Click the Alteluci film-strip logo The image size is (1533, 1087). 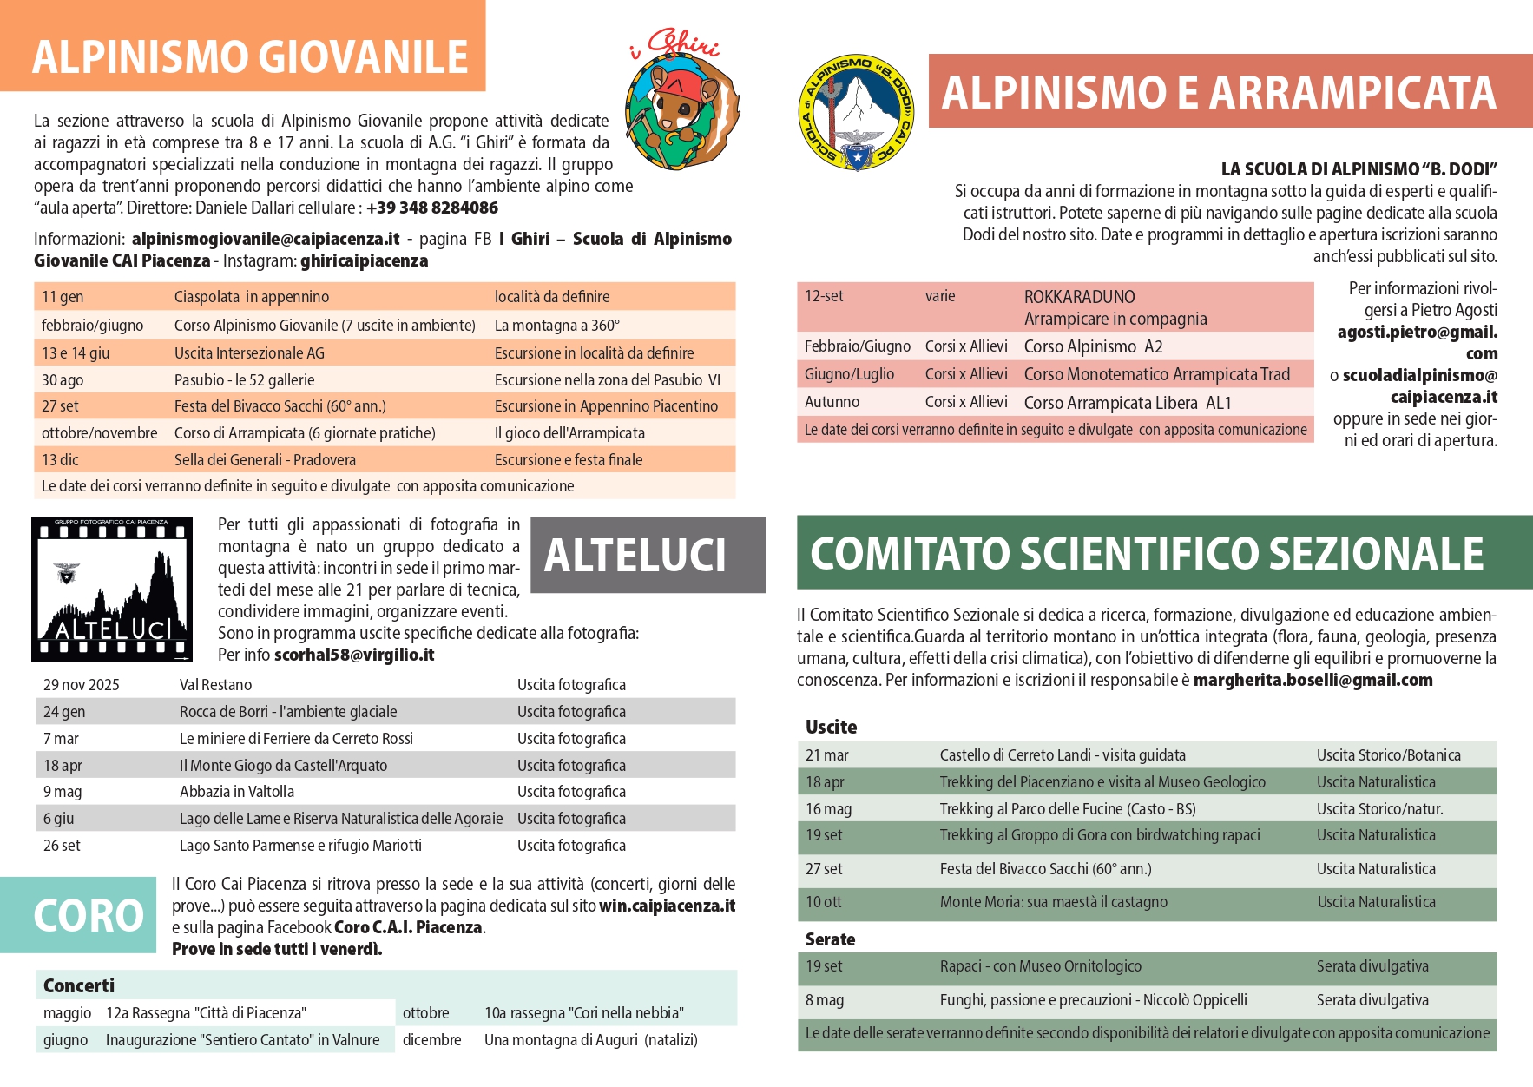pyautogui.click(x=112, y=589)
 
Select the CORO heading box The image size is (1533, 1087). pyautogui.click(x=79, y=915)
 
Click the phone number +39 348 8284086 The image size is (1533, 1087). pyautogui.click(x=432, y=208)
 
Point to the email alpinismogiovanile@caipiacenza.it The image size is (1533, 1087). pyautogui.click(x=266, y=239)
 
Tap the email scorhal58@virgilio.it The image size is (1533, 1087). pyautogui.click(x=354, y=655)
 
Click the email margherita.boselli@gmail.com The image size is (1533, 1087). pyautogui.click(x=1313, y=680)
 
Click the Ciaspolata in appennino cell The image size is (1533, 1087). pyautogui.click(x=252, y=297)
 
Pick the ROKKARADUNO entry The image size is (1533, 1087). pyautogui.click(x=1079, y=297)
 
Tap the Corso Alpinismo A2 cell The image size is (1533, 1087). pyautogui.click(x=1093, y=346)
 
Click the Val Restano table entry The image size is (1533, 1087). pyautogui.click(x=215, y=685)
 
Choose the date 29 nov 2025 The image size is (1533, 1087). pyautogui.click(x=82, y=685)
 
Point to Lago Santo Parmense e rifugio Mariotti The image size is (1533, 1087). pyautogui.click(x=300, y=846)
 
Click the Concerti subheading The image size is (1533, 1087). pyautogui.click(x=79, y=985)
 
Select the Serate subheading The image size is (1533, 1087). pyautogui.click(x=830, y=939)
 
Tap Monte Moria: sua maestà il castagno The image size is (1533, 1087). pyautogui.click(x=1053, y=902)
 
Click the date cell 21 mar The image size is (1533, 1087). pyautogui.click(x=827, y=755)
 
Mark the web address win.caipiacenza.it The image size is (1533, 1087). pyautogui.click(x=667, y=906)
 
